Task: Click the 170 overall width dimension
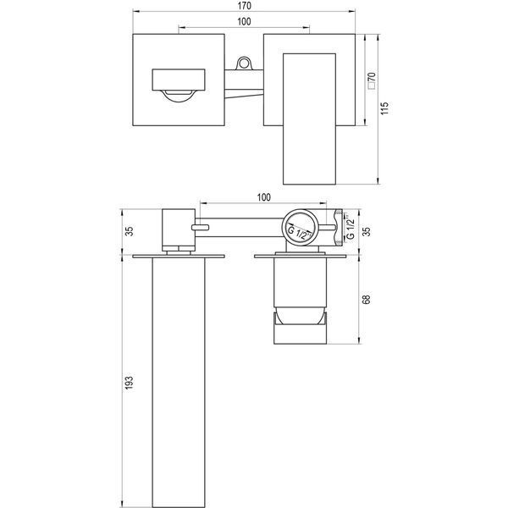[244, 6]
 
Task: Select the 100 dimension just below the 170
[244, 21]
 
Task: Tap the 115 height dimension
[384, 108]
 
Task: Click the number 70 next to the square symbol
[372, 77]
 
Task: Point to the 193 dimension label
[129, 383]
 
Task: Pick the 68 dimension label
[366, 300]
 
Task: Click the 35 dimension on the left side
[129, 231]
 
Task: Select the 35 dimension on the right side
[366, 231]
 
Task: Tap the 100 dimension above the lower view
[263, 197]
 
